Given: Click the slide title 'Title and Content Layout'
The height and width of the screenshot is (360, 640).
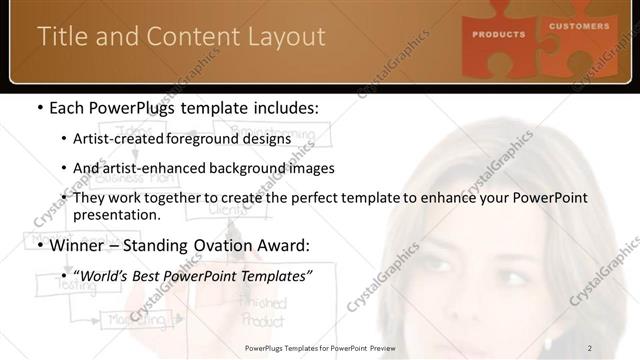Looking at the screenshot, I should [x=181, y=37].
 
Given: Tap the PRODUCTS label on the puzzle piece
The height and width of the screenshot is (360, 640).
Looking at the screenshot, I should [x=498, y=34].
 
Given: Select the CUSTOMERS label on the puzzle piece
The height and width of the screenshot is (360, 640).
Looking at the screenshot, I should [x=578, y=26].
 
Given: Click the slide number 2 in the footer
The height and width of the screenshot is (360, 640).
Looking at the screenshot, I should [x=590, y=347].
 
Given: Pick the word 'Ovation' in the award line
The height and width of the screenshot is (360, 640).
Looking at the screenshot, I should [x=234, y=243].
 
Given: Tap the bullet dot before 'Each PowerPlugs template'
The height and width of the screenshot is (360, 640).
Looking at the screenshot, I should [x=39, y=108].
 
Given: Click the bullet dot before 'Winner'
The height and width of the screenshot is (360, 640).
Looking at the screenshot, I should [x=39, y=244].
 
